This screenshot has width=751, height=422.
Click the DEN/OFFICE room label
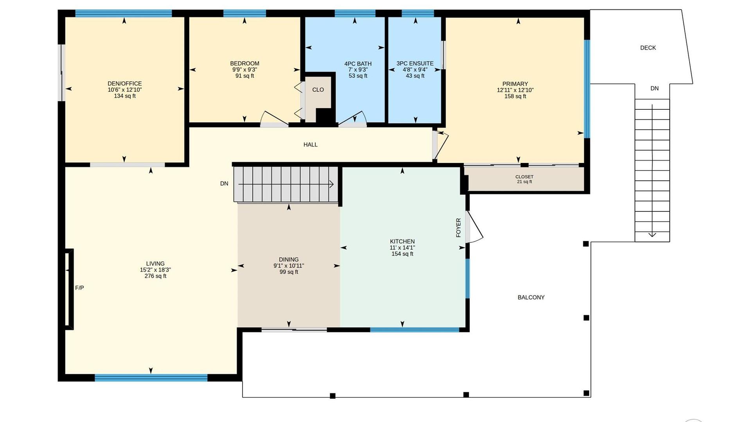tap(125, 84)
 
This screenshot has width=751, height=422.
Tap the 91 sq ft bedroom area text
tap(244, 76)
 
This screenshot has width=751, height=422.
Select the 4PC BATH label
tap(358, 64)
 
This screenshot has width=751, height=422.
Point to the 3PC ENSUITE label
tap(415, 63)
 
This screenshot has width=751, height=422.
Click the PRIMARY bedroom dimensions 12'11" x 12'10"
tap(515, 90)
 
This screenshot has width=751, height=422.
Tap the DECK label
tap(648, 48)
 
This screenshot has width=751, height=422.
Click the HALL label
tap(311, 145)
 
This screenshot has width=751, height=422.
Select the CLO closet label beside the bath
tap(318, 90)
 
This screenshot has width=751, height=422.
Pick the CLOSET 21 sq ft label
tap(525, 179)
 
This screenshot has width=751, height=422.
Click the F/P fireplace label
tap(79, 288)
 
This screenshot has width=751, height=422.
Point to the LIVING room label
tap(155, 264)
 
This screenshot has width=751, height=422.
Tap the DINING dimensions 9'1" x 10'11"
tap(289, 266)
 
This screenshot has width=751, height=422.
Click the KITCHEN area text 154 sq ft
tap(402, 254)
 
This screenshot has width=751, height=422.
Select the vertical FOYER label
tap(458, 228)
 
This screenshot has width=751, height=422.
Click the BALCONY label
tap(531, 297)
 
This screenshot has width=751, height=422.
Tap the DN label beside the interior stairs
tap(224, 184)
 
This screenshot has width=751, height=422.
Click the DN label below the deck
tap(654, 88)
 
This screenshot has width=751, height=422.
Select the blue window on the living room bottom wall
tap(151, 377)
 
